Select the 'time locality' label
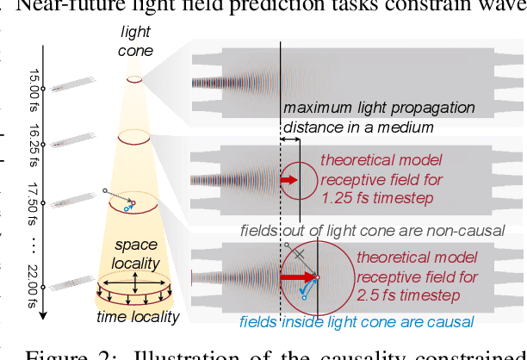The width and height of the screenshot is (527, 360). point(138,316)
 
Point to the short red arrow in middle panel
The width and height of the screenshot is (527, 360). point(288,180)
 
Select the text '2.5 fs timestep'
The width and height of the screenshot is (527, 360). point(404,295)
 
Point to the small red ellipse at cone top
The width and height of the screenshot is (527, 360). point(134,79)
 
